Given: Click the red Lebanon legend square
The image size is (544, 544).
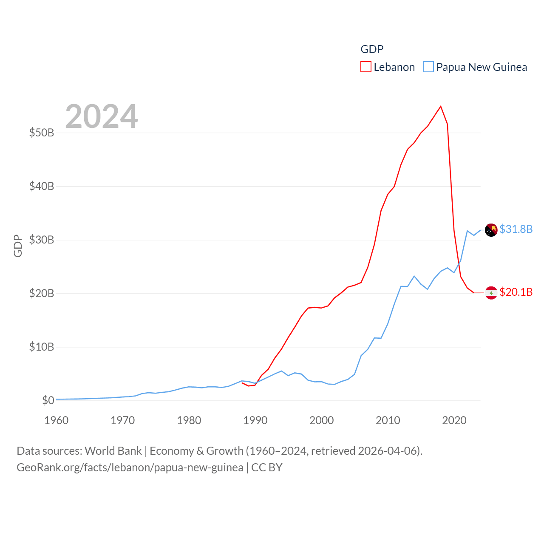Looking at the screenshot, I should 366,67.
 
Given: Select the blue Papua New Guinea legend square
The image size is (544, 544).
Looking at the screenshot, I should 428,67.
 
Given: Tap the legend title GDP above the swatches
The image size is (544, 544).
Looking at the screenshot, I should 372,49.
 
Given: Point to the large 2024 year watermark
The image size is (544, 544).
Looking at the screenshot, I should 101,116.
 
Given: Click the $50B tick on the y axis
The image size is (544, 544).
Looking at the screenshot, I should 42,133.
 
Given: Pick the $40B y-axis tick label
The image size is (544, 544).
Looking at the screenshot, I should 42,186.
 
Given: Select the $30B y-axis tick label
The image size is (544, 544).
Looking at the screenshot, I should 42,240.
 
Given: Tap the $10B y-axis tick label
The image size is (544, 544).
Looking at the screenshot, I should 42,347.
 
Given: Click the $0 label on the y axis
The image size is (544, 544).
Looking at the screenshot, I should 48,400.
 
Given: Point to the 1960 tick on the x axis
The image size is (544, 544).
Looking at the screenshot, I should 57,420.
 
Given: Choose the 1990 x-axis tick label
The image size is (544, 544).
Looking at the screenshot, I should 255,420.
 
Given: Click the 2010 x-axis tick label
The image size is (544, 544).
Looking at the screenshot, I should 388,420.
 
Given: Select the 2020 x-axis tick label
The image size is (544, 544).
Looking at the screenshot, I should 454,420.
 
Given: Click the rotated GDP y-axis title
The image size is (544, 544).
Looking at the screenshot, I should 18,246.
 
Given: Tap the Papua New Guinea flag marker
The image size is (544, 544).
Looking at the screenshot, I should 491,230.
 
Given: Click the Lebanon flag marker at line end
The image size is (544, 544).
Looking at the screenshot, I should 491,293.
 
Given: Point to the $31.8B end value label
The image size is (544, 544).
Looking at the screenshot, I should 516,229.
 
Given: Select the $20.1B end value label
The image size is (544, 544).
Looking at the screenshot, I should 516,292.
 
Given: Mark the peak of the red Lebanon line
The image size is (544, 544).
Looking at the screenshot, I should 441,106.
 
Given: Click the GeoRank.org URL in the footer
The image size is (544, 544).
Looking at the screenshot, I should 130,467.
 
